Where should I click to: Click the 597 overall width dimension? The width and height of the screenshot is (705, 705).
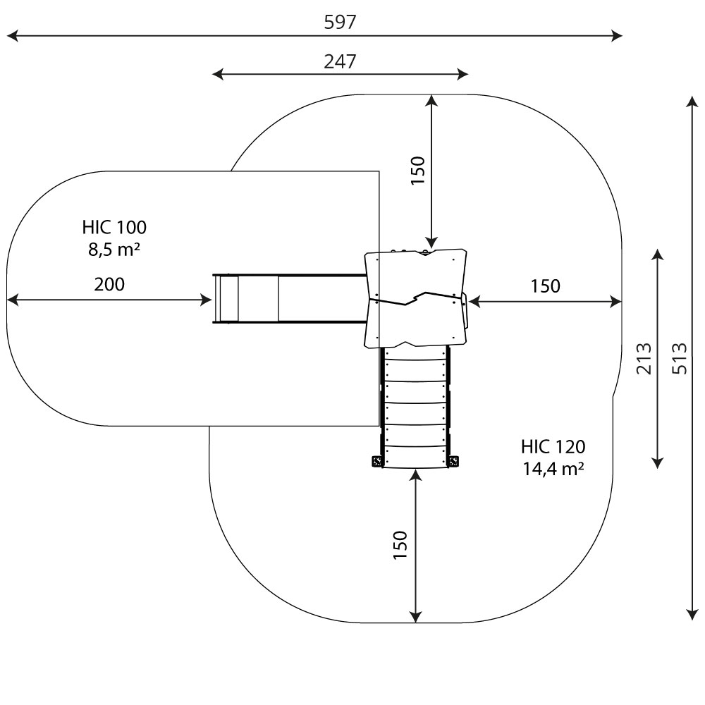[x=340, y=22]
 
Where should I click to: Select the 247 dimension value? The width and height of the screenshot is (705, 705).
[x=340, y=61]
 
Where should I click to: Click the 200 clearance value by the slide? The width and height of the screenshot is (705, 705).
[x=109, y=284]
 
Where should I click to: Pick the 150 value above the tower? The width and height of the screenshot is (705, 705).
[x=417, y=171]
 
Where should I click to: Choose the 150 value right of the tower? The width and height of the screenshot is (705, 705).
[x=546, y=286]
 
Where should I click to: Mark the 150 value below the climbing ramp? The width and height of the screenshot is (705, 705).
[x=400, y=545]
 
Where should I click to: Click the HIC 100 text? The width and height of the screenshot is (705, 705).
[x=114, y=227]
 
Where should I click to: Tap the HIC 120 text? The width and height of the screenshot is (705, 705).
[x=553, y=446]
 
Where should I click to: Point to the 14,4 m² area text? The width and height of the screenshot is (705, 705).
[x=553, y=468]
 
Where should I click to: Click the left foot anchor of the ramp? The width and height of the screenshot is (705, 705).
[x=376, y=462]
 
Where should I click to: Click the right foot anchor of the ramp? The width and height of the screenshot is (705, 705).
[x=453, y=462]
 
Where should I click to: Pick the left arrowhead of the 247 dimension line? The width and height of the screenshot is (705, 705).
[x=215, y=74]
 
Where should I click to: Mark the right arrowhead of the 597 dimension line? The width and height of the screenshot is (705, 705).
[x=620, y=35]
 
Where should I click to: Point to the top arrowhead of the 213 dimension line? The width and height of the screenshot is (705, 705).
[x=657, y=253]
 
